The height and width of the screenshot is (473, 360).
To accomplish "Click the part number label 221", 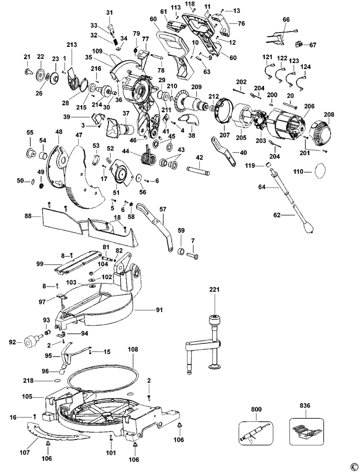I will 215,290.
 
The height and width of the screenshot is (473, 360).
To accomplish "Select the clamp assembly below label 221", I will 207,345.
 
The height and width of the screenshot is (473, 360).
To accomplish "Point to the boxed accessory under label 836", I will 306,432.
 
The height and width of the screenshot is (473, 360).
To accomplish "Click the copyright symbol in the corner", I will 353,467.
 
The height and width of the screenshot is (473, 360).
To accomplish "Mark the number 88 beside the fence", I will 29,216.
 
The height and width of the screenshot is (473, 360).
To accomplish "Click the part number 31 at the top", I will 109,12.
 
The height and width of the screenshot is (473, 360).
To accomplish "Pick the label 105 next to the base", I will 28,396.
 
